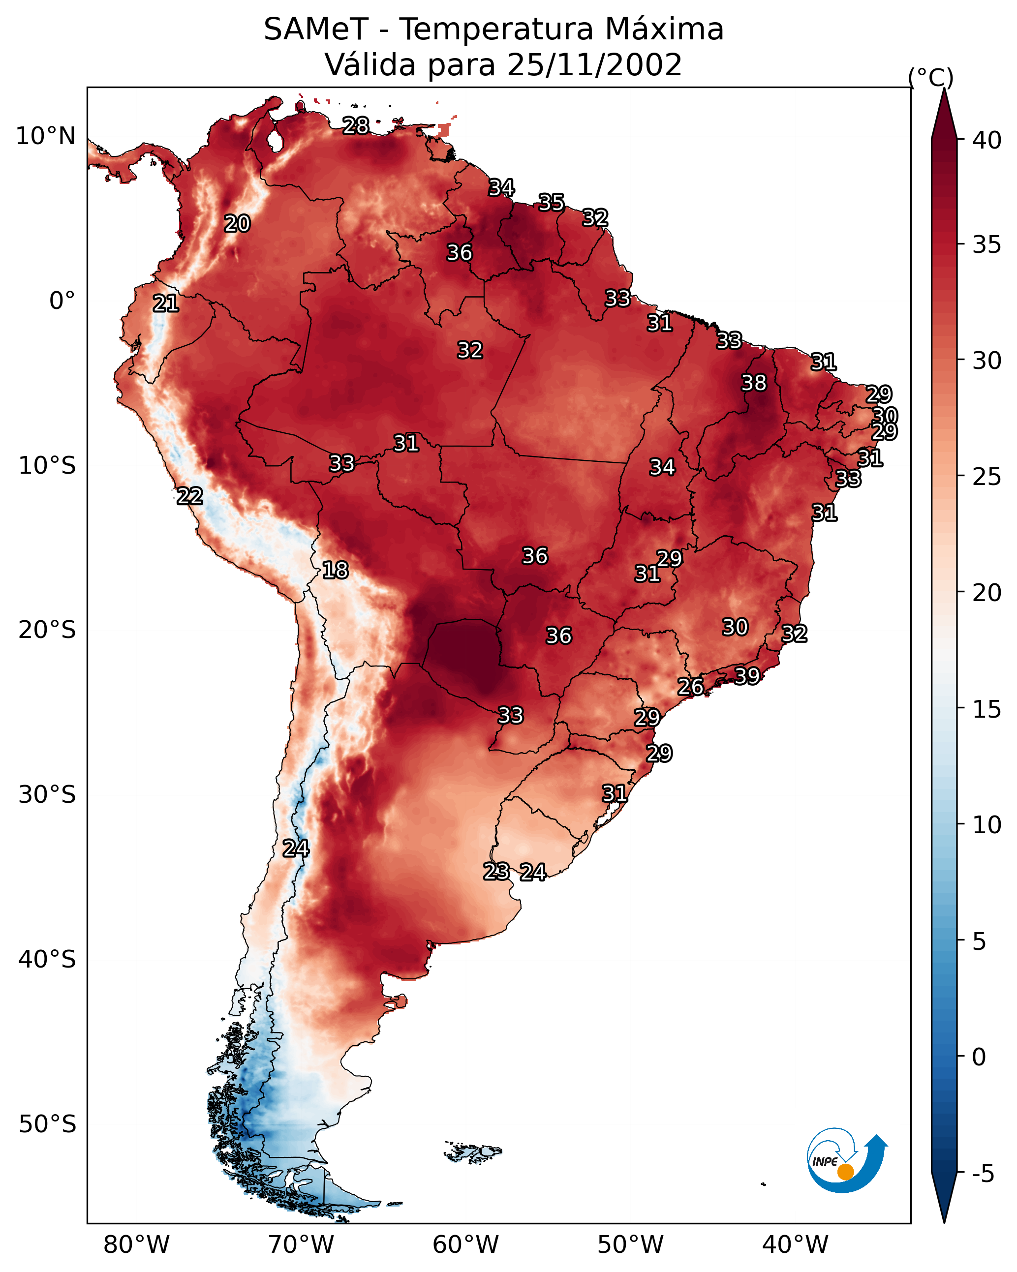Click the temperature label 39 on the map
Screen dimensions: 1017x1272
pos(747,675)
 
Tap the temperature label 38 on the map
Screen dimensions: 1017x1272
pos(754,383)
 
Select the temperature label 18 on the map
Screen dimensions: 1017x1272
pos(335,570)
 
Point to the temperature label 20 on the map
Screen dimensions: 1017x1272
pos(237,224)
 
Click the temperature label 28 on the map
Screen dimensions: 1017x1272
pos(356,125)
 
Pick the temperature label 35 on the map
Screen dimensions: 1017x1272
pos(551,202)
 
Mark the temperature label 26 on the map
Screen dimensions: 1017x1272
pos(691,687)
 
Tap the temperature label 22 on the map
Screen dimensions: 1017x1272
pos(189,496)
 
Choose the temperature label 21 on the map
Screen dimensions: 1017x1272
pos(166,304)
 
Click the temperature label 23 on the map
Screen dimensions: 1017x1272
pos(496,872)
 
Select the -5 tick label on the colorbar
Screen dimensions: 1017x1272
pos(983,1174)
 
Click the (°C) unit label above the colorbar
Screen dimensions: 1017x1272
pos(931,77)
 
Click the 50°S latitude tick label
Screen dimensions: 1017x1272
pos(47,1124)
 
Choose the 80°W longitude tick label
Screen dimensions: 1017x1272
pos(136,1245)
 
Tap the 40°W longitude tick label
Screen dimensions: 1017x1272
pos(795,1245)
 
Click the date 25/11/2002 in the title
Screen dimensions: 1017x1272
pos(594,65)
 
